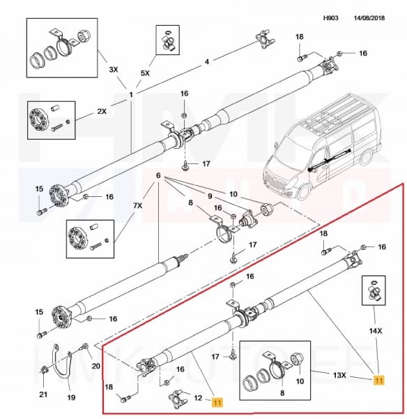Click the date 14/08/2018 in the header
click(x=369, y=18)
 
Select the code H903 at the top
click(x=331, y=18)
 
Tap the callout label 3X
click(x=114, y=70)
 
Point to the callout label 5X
click(x=145, y=73)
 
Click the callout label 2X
click(x=102, y=111)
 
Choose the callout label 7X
click(x=137, y=206)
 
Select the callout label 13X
click(x=339, y=376)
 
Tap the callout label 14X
click(x=376, y=331)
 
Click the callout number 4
click(x=207, y=61)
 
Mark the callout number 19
click(x=71, y=397)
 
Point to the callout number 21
click(x=43, y=395)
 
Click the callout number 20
click(x=95, y=366)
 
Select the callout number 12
click(x=198, y=398)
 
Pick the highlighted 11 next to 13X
click(x=378, y=380)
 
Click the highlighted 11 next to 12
click(x=217, y=402)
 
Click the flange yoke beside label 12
click(x=177, y=399)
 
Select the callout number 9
click(x=210, y=196)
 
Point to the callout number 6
click(x=158, y=175)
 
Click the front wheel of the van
click(x=304, y=190)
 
